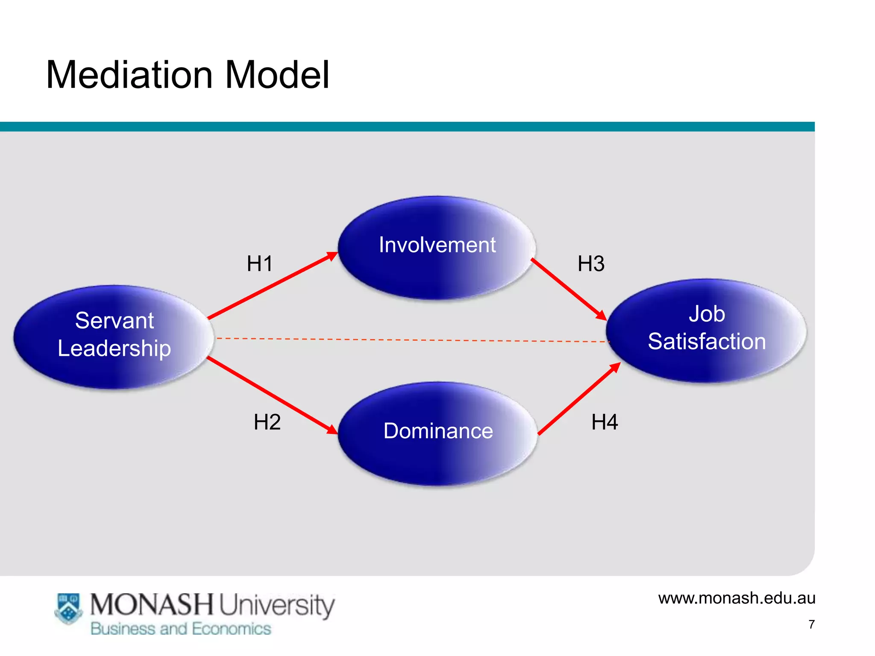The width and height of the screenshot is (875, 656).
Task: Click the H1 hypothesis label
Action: [259, 264]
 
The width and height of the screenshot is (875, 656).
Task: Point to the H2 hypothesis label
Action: [267, 422]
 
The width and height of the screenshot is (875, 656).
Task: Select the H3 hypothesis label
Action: [591, 264]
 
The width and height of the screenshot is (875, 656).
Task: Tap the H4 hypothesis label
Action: [604, 422]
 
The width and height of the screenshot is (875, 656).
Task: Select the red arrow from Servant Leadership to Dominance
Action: [272, 395]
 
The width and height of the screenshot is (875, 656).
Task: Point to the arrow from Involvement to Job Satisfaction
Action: [568, 289]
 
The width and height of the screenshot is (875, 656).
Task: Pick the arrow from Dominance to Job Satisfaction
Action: [579, 399]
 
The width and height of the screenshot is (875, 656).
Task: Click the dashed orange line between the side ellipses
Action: [410, 340]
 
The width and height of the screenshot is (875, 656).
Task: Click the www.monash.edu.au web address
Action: [737, 598]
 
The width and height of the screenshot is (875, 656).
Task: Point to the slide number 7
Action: [811, 624]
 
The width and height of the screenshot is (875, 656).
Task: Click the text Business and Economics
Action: [180, 629]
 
